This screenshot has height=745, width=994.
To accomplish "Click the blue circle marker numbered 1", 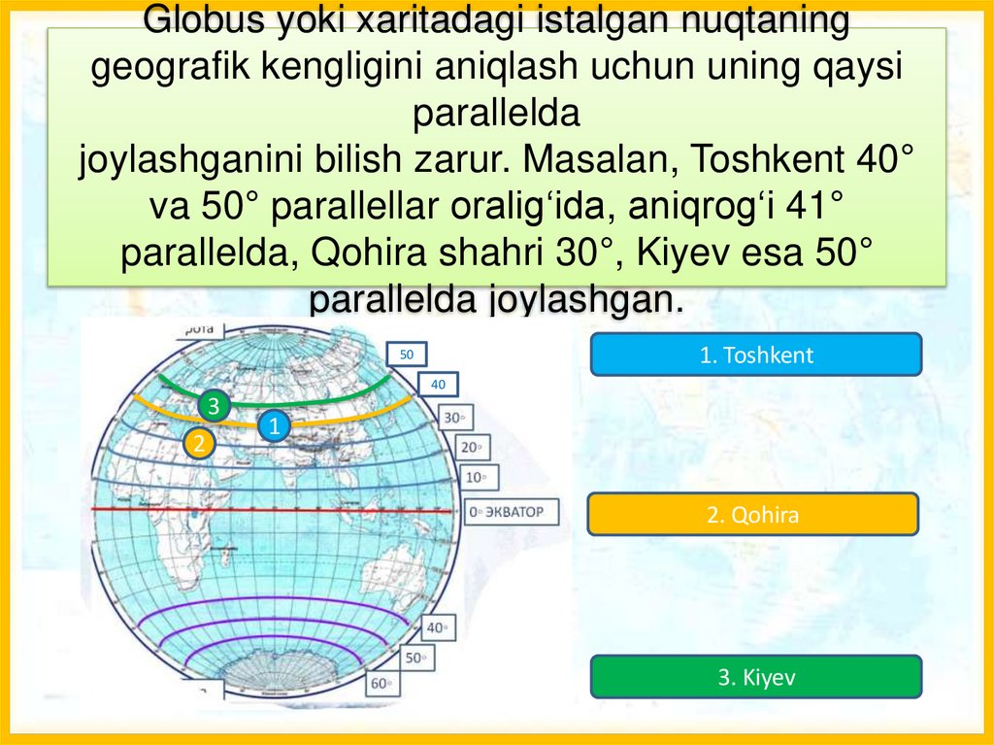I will (275, 425).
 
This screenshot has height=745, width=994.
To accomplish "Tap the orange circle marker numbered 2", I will (199, 444).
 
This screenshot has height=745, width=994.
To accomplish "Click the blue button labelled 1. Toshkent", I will (755, 355).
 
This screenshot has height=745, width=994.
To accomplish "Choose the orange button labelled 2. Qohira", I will (752, 515).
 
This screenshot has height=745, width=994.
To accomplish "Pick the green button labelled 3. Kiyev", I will (755, 677).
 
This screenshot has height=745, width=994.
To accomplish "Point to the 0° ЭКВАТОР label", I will (512, 511).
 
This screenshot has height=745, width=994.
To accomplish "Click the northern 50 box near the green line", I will (407, 355).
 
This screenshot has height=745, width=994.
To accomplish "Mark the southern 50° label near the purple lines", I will (418, 658).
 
